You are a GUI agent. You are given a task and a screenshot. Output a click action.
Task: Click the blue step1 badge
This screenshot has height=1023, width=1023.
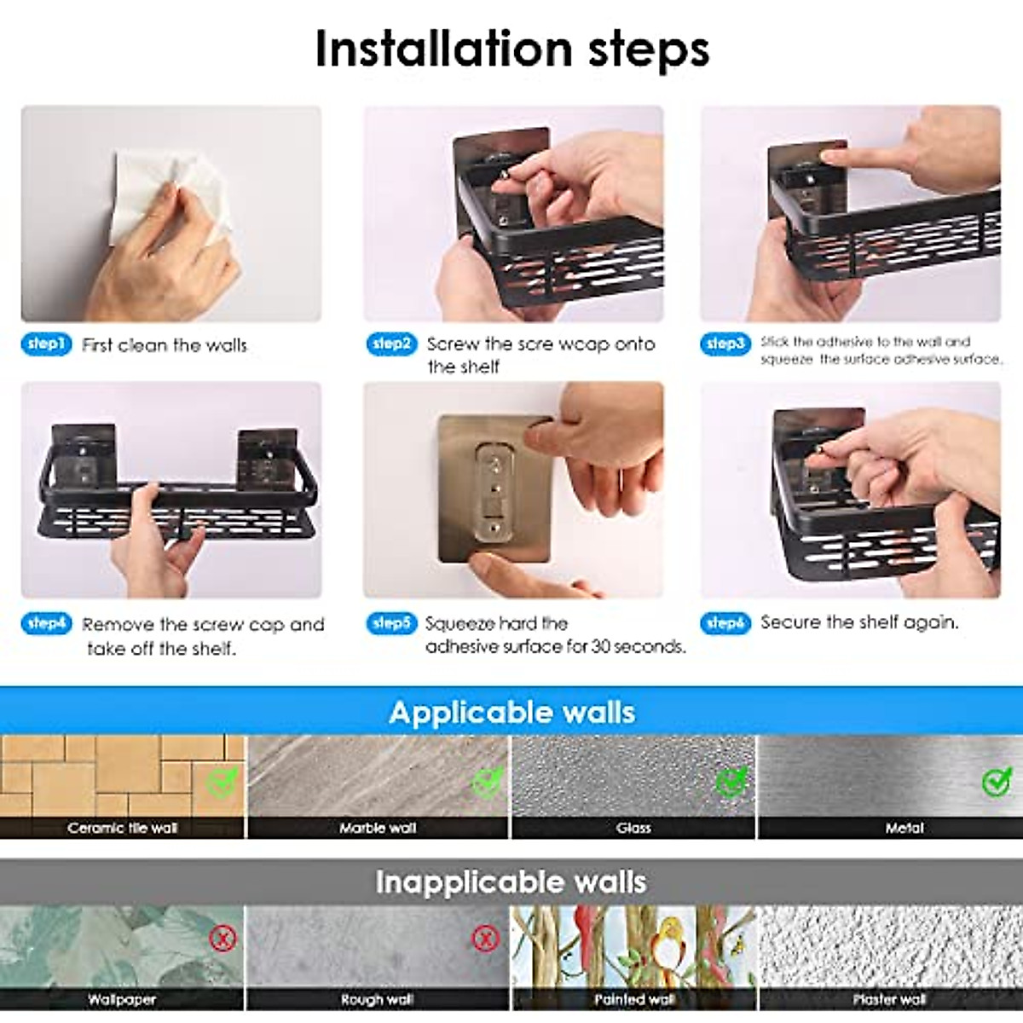pyautogui.click(x=46, y=344)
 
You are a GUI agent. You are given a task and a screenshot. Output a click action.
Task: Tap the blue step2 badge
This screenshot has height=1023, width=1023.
pyautogui.click(x=392, y=344)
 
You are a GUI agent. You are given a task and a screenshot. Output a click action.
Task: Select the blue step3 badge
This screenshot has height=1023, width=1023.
pyautogui.click(x=725, y=344)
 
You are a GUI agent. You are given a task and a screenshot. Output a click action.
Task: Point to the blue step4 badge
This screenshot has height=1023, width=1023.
pyautogui.click(x=46, y=623)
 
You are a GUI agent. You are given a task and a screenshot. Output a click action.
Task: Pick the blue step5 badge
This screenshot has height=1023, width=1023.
pyautogui.click(x=392, y=623)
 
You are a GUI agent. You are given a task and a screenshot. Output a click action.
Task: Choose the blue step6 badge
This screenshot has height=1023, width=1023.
pyautogui.click(x=725, y=623)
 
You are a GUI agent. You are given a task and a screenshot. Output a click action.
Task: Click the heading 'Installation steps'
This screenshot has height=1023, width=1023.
pyautogui.click(x=511, y=49)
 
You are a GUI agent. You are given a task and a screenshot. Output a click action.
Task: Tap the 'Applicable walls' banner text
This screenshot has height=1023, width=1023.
pyautogui.click(x=511, y=713)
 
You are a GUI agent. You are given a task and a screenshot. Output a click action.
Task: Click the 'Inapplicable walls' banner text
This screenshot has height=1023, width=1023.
pyautogui.click(x=511, y=882)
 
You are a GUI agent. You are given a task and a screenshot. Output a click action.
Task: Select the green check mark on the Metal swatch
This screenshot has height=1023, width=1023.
pyautogui.click(x=996, y=782)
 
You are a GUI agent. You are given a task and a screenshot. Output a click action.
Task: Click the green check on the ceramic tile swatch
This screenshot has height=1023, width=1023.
pyautogui.click(x=222, y=782)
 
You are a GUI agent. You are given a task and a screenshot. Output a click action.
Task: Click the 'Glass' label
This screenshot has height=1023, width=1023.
pyautogui.click(x=633, y=828)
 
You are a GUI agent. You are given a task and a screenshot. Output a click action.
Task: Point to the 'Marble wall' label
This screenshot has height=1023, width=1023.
pyautogui.click(x=378, y=828)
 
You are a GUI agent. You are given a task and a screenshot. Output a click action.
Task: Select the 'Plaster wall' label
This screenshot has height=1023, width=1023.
pyautogui.click(x=889, y=1000)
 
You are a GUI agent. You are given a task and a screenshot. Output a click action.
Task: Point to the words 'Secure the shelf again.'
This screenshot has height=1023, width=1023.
pyautogui.click(x=860, y=621)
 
